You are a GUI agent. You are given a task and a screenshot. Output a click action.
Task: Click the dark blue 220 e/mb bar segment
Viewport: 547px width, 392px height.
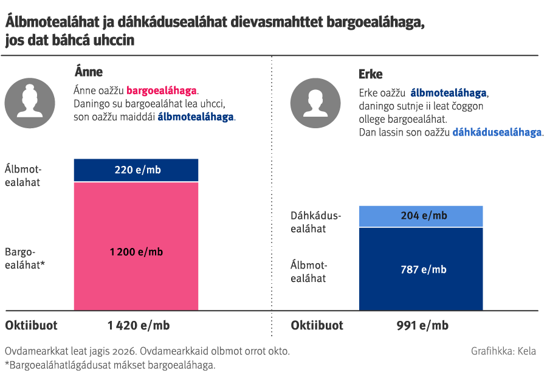(x=136, y=170)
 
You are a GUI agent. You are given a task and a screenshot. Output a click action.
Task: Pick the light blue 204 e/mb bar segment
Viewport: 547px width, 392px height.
(x=421, y=216)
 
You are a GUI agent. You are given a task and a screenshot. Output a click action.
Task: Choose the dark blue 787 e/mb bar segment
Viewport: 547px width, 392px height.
(x=421, y=269)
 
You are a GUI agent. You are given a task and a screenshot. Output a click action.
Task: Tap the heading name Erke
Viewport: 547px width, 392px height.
(x=371, y=74)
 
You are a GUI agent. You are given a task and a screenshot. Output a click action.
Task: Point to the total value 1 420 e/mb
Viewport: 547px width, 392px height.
(x=139, y=325)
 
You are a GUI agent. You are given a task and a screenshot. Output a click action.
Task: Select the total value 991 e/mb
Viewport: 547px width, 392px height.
(x=422, y=325)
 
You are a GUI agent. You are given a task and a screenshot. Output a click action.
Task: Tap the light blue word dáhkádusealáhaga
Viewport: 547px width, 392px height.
(x=497, y=132)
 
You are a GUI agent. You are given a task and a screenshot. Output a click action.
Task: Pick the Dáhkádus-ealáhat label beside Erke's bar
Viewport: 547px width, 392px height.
(x=316, y=222)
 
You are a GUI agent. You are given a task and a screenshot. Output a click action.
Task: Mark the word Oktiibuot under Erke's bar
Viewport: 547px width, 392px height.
(x=317, y=325)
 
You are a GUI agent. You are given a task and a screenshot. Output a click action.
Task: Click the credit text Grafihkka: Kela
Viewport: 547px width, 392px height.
(x=503, y=351)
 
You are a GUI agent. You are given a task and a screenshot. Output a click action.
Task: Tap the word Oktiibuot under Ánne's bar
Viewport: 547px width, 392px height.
(x=32, y=325)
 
